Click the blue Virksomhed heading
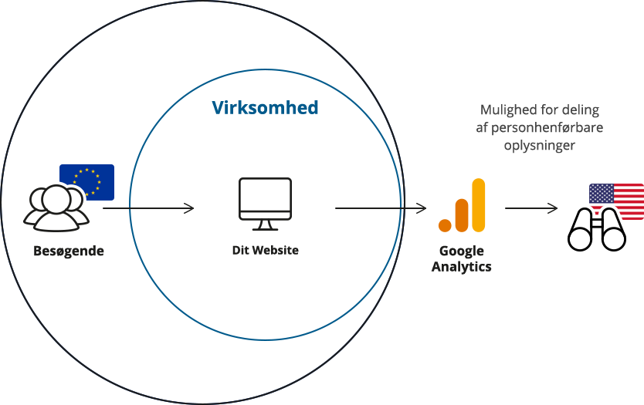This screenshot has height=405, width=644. click(x=265, y=107)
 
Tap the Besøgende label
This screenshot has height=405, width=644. click(x=69, y=251)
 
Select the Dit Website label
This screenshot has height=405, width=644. click(x=266, y=250)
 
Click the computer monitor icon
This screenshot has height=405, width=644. click(x=266, y=204)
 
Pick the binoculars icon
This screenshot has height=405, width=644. click(x=597, y=230)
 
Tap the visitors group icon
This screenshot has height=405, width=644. click(x=56, y=208)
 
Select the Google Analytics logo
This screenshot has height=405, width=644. click(x=462, y=205)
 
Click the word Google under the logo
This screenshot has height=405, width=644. click(x=462, y=251)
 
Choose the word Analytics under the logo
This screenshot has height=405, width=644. click(x=461, y=266)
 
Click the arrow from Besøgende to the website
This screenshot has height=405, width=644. click(x=148, y=208)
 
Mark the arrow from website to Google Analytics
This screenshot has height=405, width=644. click(x=381, y=208)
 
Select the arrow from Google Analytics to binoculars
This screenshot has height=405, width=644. click(x=531, y=208)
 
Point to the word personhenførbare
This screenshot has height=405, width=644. click(x=547, y=127)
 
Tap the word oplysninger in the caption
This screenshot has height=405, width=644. click(x=540, y=145)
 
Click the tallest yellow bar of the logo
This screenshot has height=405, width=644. click(x=479, y=205)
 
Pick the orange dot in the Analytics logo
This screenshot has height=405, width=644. click(x=445, y=226)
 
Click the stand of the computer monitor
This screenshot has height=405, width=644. click(x=266, y=225)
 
